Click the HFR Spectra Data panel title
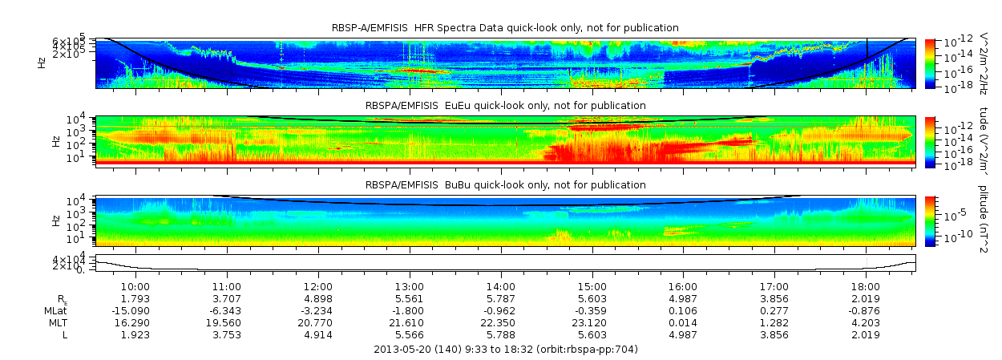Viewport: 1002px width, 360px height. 505,28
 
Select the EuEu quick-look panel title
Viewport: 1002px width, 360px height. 505,106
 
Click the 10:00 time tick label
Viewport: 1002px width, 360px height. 135,287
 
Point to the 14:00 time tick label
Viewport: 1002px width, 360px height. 500,287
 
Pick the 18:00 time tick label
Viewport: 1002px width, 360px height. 866,287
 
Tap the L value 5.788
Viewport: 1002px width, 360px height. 500,335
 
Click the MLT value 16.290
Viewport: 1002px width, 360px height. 135,323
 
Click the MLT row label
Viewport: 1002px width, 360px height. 57,323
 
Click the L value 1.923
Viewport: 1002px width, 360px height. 135,335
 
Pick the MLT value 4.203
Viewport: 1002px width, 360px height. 866,323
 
